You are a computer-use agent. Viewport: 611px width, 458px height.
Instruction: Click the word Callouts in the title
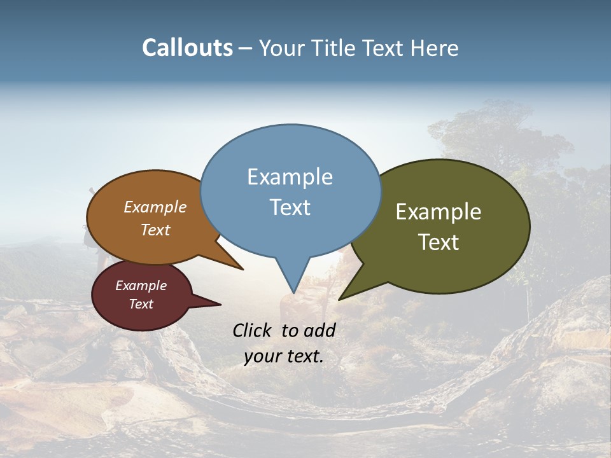point(187,48)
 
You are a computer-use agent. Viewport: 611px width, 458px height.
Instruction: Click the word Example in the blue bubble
point(290,177)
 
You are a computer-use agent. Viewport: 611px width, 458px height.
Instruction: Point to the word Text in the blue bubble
point(290,207)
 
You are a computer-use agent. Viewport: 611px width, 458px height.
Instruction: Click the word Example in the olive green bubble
point(439,212)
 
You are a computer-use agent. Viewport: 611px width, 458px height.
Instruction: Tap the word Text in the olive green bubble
point(439,242)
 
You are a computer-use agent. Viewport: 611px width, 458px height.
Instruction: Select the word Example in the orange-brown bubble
point(155,207)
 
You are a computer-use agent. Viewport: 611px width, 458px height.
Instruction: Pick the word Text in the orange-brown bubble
point(155,230)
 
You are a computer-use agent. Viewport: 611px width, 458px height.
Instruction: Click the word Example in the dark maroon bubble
point(141,286)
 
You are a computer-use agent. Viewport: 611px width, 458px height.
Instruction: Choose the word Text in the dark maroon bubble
point(141,304)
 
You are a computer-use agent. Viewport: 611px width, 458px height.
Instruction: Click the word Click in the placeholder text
point(253,330)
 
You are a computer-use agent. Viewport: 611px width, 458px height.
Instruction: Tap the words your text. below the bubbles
point(284,356)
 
